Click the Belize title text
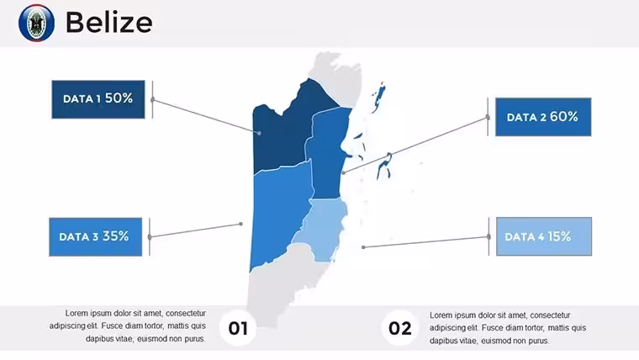[x=108, y=22]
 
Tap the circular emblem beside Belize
[x=36, y=23]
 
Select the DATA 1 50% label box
[x=98, y=99]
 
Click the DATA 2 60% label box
[x=543, y=117]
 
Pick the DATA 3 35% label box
[x=95, y=237]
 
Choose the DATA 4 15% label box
[x=544, y=236]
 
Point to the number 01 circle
[x=238, y=328]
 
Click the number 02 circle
[x=399, y=328]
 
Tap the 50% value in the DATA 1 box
[x=119, y=98]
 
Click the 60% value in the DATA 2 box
[x=564, y=117]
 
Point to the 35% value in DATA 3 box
[x=116, y=236]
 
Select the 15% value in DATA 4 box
[x=559, y=236]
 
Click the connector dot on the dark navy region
[x=259, y=133]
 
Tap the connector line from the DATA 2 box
[x=415, y=146]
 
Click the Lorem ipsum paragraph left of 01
[x=128, y=326]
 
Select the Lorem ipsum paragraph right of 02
[x=508, y=328]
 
